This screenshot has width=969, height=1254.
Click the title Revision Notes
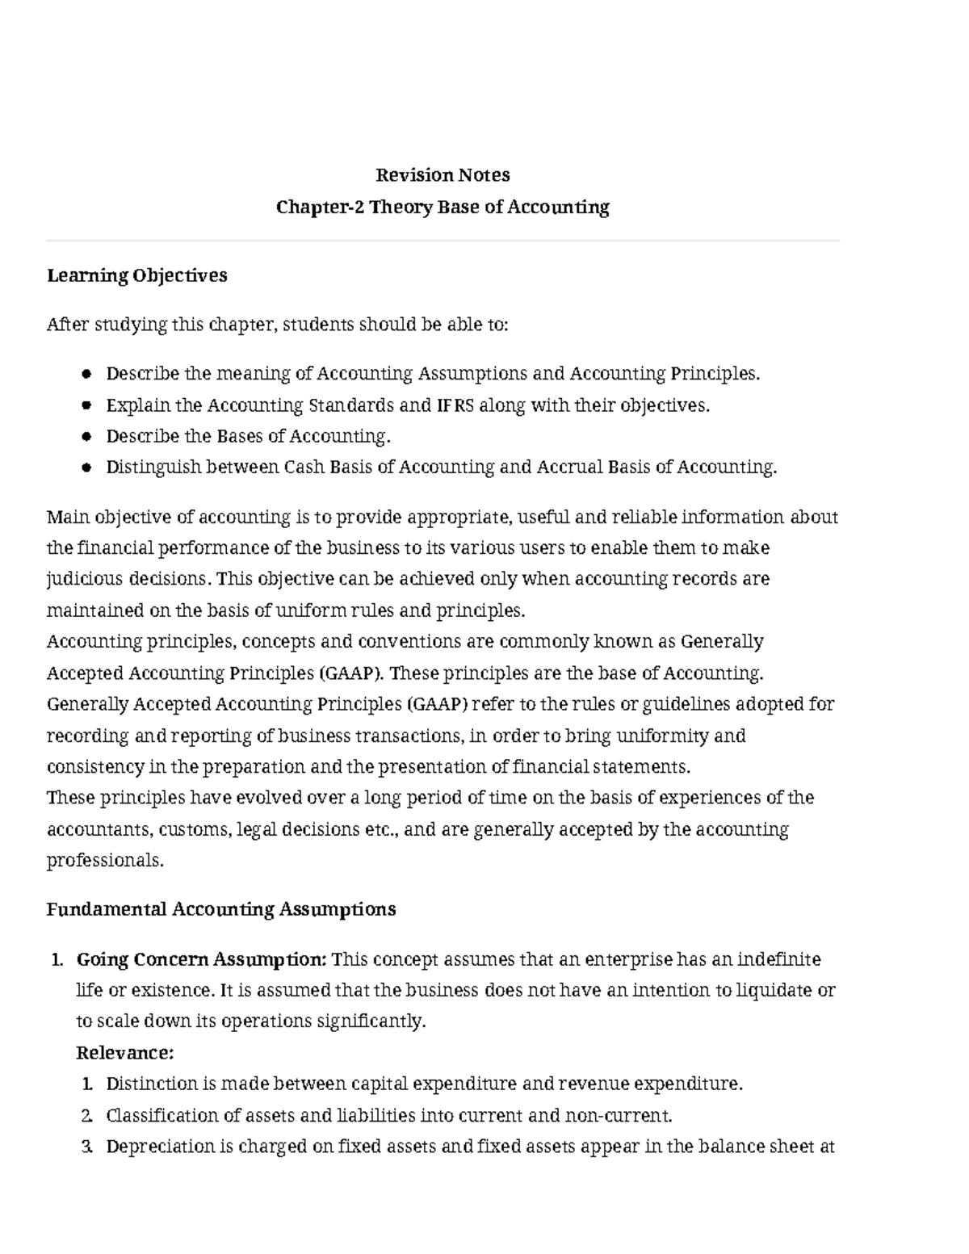click(x=443, y=175)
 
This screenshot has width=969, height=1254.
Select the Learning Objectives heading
click(x=136, y=275)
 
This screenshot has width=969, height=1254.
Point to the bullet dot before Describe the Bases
click(x=87, y=437)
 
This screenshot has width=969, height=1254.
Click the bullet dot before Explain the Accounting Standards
click(x=87, y=405)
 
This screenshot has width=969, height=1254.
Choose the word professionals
click(x=104, y=861)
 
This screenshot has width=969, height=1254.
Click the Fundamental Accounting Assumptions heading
click(x=220, y=909)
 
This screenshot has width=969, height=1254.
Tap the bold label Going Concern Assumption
click(x=201, y=959)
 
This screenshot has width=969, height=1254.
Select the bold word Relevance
click(x=124, y=1053)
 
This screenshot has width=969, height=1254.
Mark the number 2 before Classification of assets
click(x=87, y=1116)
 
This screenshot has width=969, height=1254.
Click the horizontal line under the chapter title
click(x=443, y=241)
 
